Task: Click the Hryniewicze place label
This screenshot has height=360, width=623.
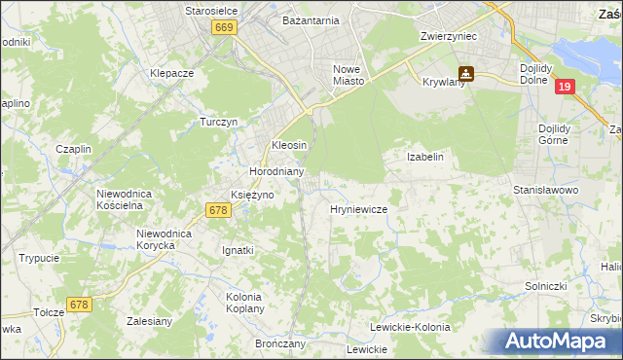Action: (359, 209)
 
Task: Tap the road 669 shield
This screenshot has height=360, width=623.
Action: (224, 30)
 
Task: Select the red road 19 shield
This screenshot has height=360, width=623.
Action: (567, 88)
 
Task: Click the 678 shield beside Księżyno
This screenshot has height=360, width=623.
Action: (217, 210)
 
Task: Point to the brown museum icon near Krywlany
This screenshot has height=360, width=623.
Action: (466, 73)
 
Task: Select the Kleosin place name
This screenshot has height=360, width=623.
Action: (289, 145)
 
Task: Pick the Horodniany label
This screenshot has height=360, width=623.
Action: (277, 171)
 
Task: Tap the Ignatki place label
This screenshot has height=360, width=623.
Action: (238, 250)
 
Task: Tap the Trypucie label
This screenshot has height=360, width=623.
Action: (39, 258)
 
